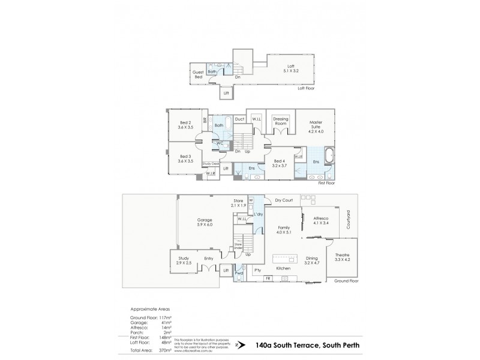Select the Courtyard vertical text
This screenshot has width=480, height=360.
click(x=347, y=224)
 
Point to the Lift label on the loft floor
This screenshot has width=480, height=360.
click(x=226, y=94)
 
